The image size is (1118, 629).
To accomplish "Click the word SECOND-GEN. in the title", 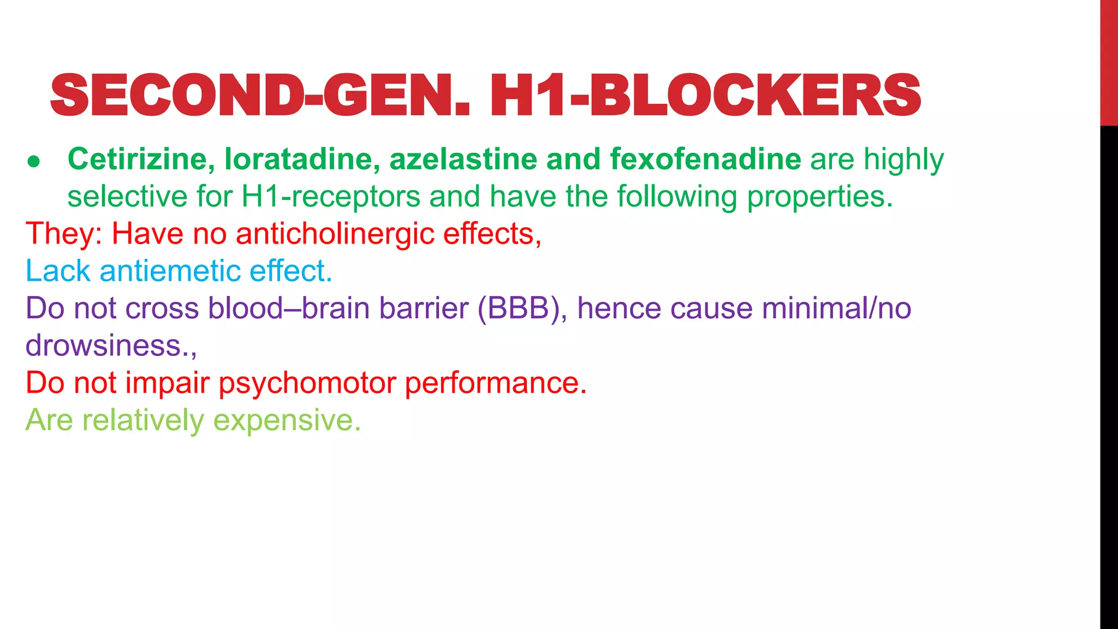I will point(260,96).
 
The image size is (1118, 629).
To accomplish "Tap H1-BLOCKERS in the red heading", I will point(705,96).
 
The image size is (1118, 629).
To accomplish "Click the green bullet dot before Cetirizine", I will point(34,161).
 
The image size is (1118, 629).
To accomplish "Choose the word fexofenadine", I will point(705,159).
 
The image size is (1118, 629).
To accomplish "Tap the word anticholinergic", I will point(335,234).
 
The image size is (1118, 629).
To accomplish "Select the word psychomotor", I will point(307,383).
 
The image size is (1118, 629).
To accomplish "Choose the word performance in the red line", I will point(495,383).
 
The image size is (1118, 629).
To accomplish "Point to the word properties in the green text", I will point(819,197).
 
